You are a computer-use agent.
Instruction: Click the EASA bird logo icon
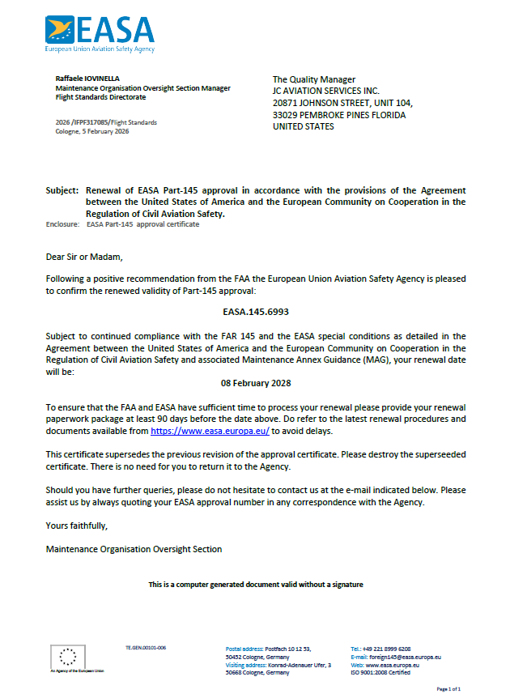(62, 30)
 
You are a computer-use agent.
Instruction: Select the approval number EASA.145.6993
(255, 310)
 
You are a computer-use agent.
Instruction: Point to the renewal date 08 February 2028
(255, 382)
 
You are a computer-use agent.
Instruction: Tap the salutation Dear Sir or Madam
(84, 257)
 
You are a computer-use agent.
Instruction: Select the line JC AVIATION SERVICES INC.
(325, 92)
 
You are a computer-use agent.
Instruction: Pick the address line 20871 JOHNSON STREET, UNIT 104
(342, 104)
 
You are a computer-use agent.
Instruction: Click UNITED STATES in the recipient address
(304, 127)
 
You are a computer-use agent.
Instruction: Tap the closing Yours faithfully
(77, 526)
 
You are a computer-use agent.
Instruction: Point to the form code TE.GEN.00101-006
(146, 649)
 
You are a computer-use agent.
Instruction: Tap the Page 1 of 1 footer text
(448, 688)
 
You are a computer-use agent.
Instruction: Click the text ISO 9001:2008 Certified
(380, 672)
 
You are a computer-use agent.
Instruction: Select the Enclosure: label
(62, 224)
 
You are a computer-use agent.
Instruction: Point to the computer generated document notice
(255, 584)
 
